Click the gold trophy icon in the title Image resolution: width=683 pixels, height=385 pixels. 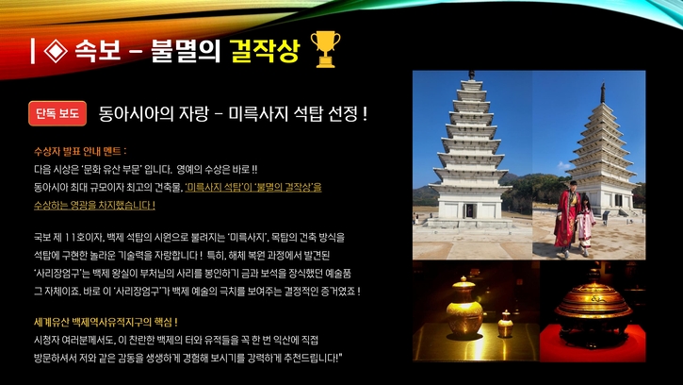click(x=324, y=50)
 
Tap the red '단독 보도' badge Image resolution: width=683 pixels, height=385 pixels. click(x=57, y=113)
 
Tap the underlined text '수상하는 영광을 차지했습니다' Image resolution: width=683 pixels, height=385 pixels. click(x=93, y=205)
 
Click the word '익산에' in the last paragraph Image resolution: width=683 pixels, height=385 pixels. click(x=265, y=340)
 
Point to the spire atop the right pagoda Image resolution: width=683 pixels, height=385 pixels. click(x=603, y=92)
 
